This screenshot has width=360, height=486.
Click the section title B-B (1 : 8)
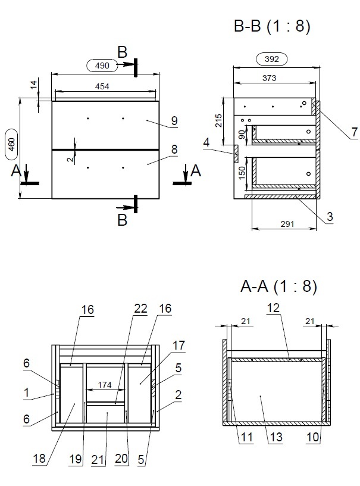coord(272,26)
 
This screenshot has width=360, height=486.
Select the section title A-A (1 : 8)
coord(278,286)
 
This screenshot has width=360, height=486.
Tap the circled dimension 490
coord(102,64)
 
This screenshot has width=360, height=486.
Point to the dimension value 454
coord(102,87)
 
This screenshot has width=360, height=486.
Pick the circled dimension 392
coord(271,59)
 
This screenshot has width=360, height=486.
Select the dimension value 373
coord(268,78)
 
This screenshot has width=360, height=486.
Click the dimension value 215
coord(218,120)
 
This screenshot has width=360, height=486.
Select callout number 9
coord(174,121)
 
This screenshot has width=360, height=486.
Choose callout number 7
coord(355,132)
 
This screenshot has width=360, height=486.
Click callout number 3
coord(328,217)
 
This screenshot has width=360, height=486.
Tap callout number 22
coord(140,308)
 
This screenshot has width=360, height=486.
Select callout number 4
coord(206,142)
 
